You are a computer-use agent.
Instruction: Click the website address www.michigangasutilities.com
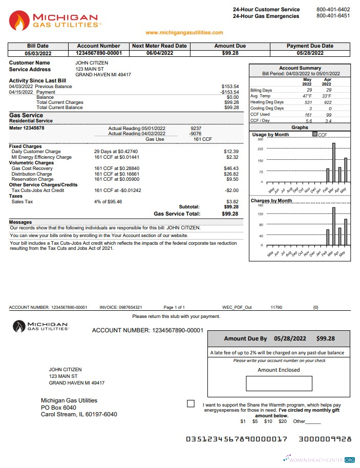184,33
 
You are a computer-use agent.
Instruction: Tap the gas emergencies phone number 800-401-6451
333,16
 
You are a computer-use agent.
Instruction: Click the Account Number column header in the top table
98,46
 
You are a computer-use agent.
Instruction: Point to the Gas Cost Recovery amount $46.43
231,168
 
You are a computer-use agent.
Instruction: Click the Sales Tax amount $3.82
232,202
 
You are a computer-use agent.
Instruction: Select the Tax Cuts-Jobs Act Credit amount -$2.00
232,190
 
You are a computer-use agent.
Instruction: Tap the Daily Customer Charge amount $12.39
231,152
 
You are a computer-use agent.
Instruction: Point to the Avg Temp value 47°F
307,96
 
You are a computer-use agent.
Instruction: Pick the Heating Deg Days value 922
327,102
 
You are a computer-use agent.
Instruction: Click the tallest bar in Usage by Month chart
333,162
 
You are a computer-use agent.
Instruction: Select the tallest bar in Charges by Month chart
333,226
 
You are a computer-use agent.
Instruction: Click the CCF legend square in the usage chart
315,135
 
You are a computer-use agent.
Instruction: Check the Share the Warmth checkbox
191,403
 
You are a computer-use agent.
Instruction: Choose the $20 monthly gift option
282,421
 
